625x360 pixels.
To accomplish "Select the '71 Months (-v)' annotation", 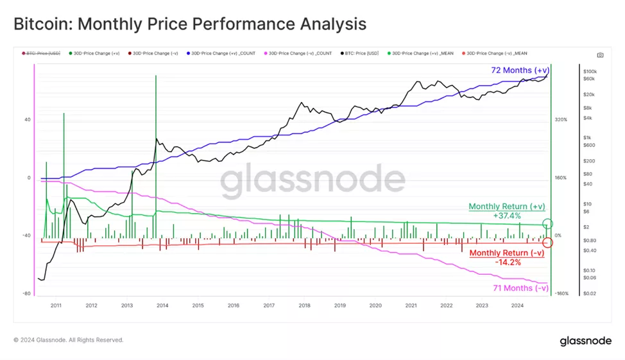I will tap(520, 288).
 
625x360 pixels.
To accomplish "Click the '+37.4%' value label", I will tap(507, 216).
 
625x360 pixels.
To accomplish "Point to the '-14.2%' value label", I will tap(507, 262).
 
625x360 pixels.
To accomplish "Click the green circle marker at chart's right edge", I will tap(547, 224).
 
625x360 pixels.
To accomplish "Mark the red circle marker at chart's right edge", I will tap(547, 243).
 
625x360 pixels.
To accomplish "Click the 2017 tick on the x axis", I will tap(269, 305).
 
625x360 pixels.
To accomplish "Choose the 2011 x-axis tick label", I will tap(56, 305).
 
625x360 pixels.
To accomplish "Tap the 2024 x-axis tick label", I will tap(517, 305).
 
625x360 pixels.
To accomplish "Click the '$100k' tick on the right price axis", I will tap(590, 71).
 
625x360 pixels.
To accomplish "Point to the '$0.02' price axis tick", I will tap(590, 293).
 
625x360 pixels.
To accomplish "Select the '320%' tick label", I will tap(561, 120).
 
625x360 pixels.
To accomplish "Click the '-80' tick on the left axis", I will tap(26, 293).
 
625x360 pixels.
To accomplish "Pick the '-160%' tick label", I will tap(561, 293).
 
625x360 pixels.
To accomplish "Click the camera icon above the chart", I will tap(599, 56).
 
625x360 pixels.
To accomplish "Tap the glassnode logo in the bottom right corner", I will tap(585, 341).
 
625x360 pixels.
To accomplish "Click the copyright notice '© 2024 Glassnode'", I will tap(68, 340).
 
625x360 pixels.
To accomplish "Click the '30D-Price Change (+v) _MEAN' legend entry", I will tap(422, 53).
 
